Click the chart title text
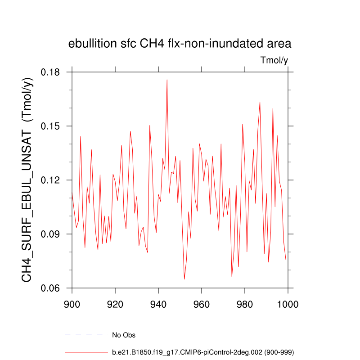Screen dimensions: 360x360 (x=180, y=44)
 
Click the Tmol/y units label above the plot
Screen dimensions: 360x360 (x=274, y=60)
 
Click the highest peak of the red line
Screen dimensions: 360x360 (x=167, y=80)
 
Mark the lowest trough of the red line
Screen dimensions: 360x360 (x=184, y=279)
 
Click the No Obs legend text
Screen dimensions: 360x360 (x=124, y=335)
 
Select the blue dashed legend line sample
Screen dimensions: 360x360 (x=86, y=335)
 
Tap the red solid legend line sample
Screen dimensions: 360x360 (x=86, y=352)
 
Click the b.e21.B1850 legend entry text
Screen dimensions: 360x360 (x=203, y=352)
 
